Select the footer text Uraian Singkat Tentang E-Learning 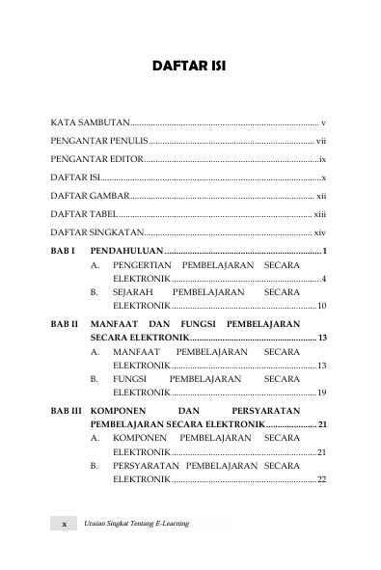pos(136,523)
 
